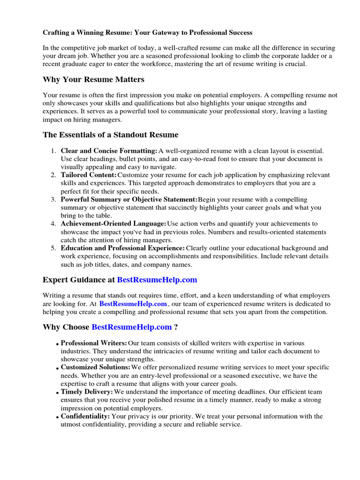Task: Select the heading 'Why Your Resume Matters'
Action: click(x=93, y=79)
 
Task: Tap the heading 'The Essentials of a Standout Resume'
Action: click(x=111, y=135)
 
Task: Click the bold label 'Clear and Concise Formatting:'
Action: click(x=109, y=151)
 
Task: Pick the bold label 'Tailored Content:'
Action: click(x=89, y=175)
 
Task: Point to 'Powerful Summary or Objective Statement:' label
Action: click(x=129, y=200)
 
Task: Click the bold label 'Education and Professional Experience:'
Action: click(x=123, y=248)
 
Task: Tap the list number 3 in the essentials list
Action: click(x=53, y=200)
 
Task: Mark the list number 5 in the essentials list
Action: click(x=53, y=248)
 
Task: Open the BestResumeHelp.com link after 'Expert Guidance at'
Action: click(x=157, y=280)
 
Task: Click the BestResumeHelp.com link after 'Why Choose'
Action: click(x=132, y=327)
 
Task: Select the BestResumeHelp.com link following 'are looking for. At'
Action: click(x=133, y=304)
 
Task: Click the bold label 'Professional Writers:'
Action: click(x=94, y=343)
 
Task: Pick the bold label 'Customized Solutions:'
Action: click(x=96, y=367)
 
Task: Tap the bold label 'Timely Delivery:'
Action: click(x=87, y=391)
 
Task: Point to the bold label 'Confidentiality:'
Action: click(x=85, y=416)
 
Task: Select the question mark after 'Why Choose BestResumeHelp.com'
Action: click(x=176, y=327)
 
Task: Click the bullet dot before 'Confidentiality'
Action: click(x=57, y=418)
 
